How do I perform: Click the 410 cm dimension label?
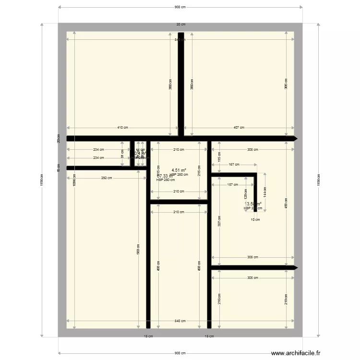pos(122,128)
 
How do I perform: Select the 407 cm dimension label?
pos(239,128)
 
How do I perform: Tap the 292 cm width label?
pos(107,179)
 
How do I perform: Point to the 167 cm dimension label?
pos(234,165)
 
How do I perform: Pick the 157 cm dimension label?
pos(233,185)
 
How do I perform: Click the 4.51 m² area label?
pos(179,170)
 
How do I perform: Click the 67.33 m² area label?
pos(165,176)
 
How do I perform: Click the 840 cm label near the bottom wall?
pos(180,321)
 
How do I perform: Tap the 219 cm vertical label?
pos(286,299)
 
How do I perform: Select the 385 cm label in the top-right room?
pos(286,84)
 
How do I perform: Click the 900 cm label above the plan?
pos(180,7)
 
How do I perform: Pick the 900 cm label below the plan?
pos(180,353)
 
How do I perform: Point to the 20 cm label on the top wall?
pos(180,24)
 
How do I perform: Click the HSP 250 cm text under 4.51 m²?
pos(179,175)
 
